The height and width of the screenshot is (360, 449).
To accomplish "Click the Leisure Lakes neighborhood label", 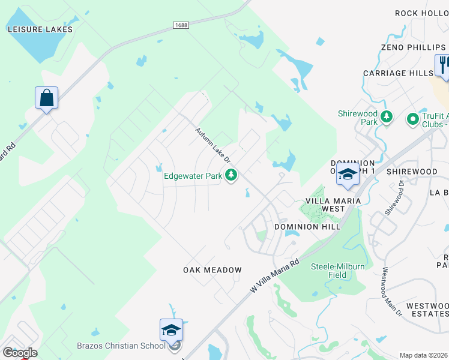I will click(40, 29).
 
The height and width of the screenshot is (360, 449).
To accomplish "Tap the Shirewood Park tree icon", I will click(387, 116).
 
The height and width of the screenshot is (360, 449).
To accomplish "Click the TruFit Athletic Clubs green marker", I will click(412, 120).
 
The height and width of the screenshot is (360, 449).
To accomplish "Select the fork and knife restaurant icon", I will click(443, 64).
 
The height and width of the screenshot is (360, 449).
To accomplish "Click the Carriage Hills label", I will click(398, 73).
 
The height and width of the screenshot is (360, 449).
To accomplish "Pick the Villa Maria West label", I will click(333, 205).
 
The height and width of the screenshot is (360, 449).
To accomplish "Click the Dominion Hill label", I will click(307, 227).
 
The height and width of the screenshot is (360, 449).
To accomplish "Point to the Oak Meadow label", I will click(212, 270).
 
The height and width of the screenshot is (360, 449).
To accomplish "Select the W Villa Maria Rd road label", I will click(274, 275).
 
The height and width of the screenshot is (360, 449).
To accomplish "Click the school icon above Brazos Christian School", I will click(171, 329).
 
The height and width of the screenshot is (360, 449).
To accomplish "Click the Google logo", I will click(20, 353).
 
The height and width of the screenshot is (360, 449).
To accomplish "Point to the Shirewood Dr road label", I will click(396, 199).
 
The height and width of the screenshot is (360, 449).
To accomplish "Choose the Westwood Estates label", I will click(427, 310).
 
